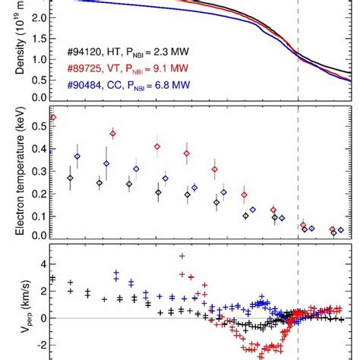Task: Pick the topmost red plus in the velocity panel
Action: tap(181, 256)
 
